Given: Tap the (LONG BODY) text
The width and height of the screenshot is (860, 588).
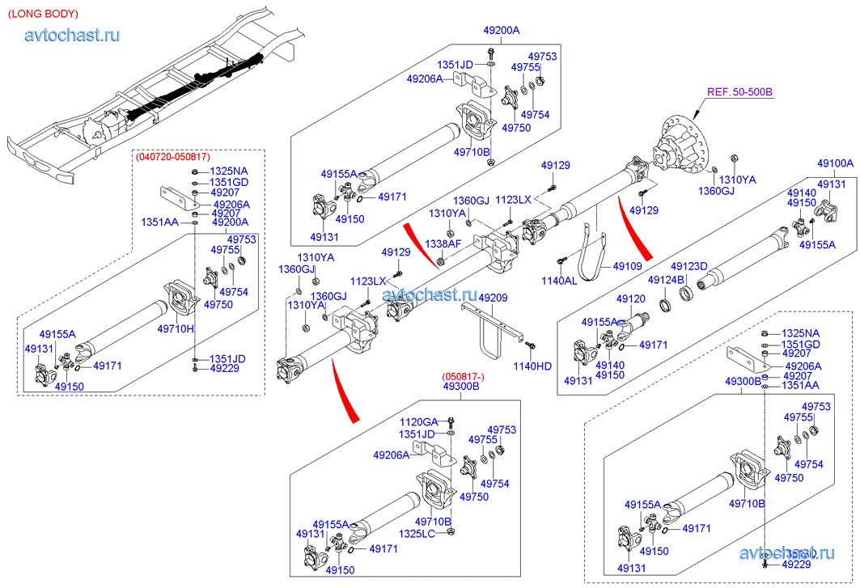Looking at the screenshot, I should [x=43, y=14].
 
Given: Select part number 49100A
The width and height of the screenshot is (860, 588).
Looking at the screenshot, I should [x=835, y=163].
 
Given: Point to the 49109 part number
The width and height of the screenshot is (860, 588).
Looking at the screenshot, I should [x=627, y=265].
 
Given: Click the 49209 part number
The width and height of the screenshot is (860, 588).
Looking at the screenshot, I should [x=493, y=298].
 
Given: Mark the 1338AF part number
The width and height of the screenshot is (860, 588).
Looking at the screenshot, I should [x=444, y=243].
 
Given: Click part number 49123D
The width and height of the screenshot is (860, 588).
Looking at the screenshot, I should [x=689, y=266].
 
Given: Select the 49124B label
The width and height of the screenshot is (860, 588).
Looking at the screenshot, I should [x=666, y=281].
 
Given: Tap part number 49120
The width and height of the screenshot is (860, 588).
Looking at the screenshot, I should [x=631, y=299].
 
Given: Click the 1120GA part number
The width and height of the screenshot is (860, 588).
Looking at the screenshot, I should [x=418, y=421].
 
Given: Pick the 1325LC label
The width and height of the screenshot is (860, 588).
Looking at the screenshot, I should [x=418, y=533].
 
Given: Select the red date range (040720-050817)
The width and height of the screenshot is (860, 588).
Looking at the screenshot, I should [x=173, y=156].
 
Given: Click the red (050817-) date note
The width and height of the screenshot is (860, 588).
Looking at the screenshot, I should [x=462, y=377].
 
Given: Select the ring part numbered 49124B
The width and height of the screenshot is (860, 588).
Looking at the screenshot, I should [x=666, y=306].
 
